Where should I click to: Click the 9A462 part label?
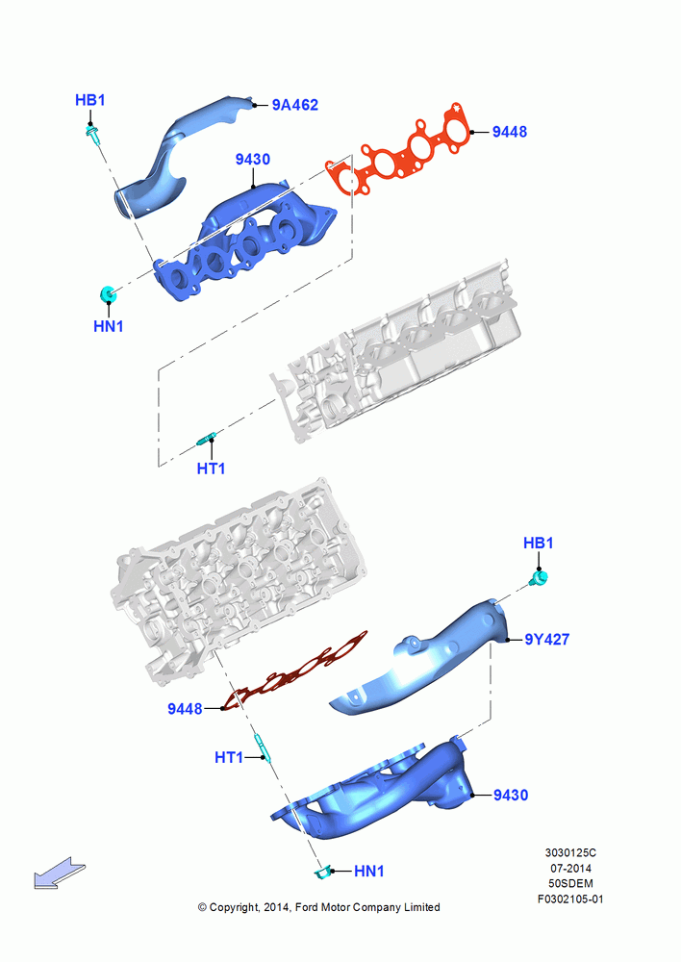(x=295, y=105)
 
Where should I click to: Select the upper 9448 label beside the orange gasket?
(x=509, y=132)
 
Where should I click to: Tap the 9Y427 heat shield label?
(x=546, y=640)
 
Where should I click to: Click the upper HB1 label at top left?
(x=90, y=100)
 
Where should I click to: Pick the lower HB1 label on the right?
(x=538, y=543)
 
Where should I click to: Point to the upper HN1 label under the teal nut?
(x=109, y=326)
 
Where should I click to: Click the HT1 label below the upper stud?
(x=211, y=468)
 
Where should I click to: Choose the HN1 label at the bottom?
(x=368, y=872)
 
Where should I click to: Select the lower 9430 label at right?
(x=511, y=796)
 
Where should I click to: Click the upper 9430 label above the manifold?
(x=252, y=160)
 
